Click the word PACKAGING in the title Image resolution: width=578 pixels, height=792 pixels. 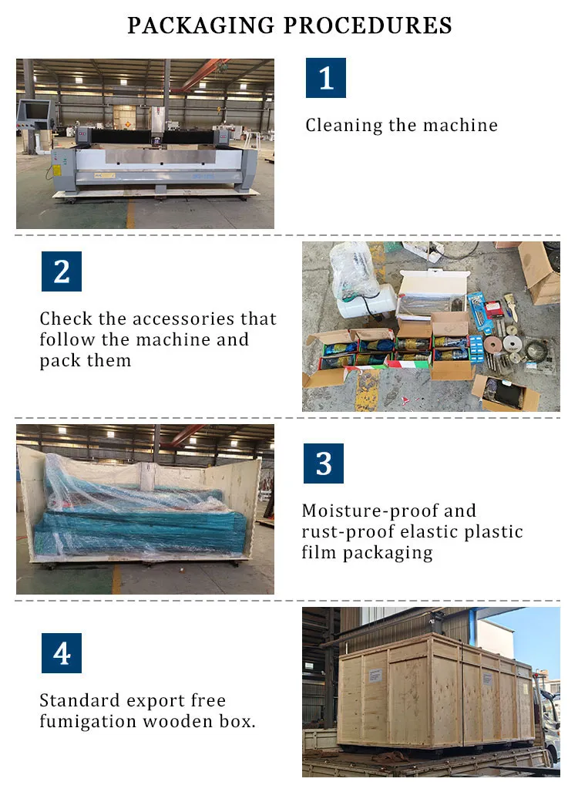[x=201, y=25]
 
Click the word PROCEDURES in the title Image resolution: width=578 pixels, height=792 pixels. [x=368, y=25]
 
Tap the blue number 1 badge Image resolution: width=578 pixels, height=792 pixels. [x=325, y=78]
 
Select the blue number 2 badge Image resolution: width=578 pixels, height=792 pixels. [x=61, y=271]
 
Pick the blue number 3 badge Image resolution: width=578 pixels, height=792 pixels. [x=324, y=463]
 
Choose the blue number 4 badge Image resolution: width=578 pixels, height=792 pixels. [x=61, y=653]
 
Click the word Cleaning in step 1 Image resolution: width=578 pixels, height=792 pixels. [x=343, y=125]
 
